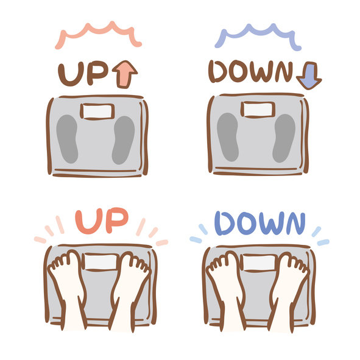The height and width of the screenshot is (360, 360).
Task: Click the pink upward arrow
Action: click(125, 74)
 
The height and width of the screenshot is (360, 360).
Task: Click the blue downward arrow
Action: click(309, 76)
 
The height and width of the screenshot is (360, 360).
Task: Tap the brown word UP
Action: click(83, 74)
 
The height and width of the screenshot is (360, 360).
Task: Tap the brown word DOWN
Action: click(251, 71)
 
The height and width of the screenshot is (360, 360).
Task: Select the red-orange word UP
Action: click(102, 221)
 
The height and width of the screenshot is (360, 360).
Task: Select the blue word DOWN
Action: click(260, 223)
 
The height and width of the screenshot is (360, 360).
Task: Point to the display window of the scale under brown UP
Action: click(97, 111)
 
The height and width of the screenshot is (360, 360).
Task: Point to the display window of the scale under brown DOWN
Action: click(258, 110)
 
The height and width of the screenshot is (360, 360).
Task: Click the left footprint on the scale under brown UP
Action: click(67, 139)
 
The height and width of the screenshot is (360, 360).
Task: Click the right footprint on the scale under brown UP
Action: click(123, 140)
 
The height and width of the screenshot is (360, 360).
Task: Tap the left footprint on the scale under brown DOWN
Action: click(228, 137)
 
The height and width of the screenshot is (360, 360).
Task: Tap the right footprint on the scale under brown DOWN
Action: click(284, 138)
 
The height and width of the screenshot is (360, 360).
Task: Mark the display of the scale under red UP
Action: click(101, 262)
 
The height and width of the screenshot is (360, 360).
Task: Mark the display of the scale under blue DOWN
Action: click(259, 263)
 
